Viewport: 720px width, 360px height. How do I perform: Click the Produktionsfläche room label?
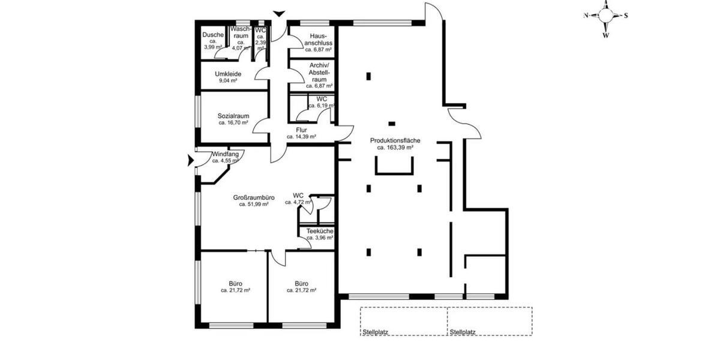coord(395,140)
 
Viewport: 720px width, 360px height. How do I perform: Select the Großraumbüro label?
coord(254,197)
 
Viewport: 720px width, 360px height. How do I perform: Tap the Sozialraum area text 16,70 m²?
coord(233,123)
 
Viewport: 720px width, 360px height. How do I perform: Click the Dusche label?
coord(213,35)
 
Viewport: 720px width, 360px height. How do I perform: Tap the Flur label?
coord(301,130)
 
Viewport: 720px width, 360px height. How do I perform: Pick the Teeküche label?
coord(320,231)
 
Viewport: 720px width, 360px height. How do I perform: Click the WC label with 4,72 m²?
coord(298,195)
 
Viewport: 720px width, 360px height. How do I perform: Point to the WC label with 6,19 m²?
coord(322,99)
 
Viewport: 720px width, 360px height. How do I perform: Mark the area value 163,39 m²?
coord(395,147)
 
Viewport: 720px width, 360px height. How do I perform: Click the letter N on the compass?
coord(586,16)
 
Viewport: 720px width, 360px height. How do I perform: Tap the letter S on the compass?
coord(626,16)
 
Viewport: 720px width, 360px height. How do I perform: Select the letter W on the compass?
coord(606,35)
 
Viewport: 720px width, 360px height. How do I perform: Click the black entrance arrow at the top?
coord(279,13)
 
